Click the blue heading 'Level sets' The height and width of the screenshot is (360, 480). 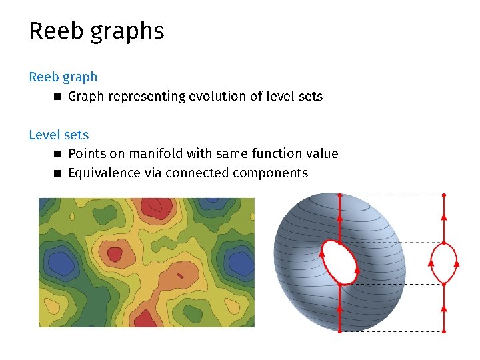(59, 135)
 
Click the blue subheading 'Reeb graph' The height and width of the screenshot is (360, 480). (63, 77)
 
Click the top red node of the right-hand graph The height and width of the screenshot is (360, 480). (444, 195)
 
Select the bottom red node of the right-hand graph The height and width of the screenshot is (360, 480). (444, 331)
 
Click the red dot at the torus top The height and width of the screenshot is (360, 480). (339, 195)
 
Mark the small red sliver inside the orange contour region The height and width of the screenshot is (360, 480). (180, 273)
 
